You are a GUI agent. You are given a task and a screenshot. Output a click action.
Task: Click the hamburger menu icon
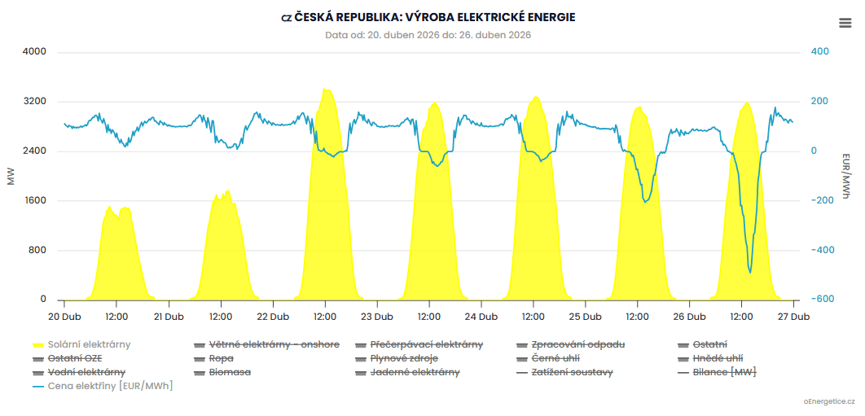click(845, 23)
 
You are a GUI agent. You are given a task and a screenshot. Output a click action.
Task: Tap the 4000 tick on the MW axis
click(33, 52)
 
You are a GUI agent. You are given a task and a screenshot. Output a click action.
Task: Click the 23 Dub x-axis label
click(377, 317)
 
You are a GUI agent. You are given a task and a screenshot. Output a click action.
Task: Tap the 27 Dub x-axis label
click(793, 317)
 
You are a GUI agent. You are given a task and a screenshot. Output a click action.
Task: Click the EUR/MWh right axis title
click(846, 176)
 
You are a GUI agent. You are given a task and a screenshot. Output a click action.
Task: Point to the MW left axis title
click(11, 176)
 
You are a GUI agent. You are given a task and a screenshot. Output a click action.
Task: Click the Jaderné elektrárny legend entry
click(415, 372)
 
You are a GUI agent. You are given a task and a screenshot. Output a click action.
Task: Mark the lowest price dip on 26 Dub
click(750, 272)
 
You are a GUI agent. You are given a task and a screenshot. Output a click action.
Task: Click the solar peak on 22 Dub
click(326, 89)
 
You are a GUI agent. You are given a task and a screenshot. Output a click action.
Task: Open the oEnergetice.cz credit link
click(829, 402)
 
